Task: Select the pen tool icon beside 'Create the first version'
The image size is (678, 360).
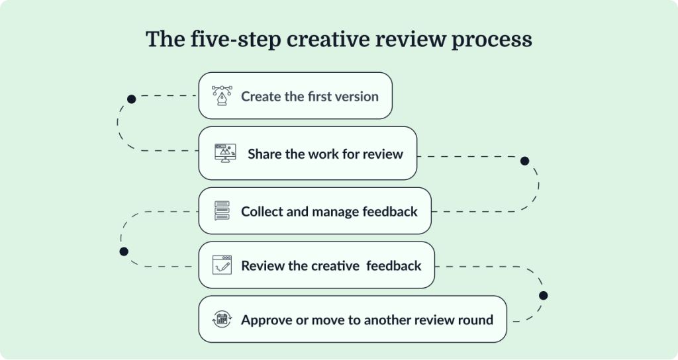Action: click(x=220, y=96)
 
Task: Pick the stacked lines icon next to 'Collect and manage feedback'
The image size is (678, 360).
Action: click(x=221, y=211)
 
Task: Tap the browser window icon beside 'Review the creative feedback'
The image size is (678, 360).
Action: click(x=221, y=265)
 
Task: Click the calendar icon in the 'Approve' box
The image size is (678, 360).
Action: click(x=221, y=320)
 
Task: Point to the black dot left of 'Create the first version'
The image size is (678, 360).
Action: click(x=132, y=99)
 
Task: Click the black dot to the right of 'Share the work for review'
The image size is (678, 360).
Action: click(x=525, y=161)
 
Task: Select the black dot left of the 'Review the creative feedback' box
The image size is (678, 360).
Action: click(x=123, y=251)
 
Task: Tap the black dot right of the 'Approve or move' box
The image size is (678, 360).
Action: click(x=544, y=295)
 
